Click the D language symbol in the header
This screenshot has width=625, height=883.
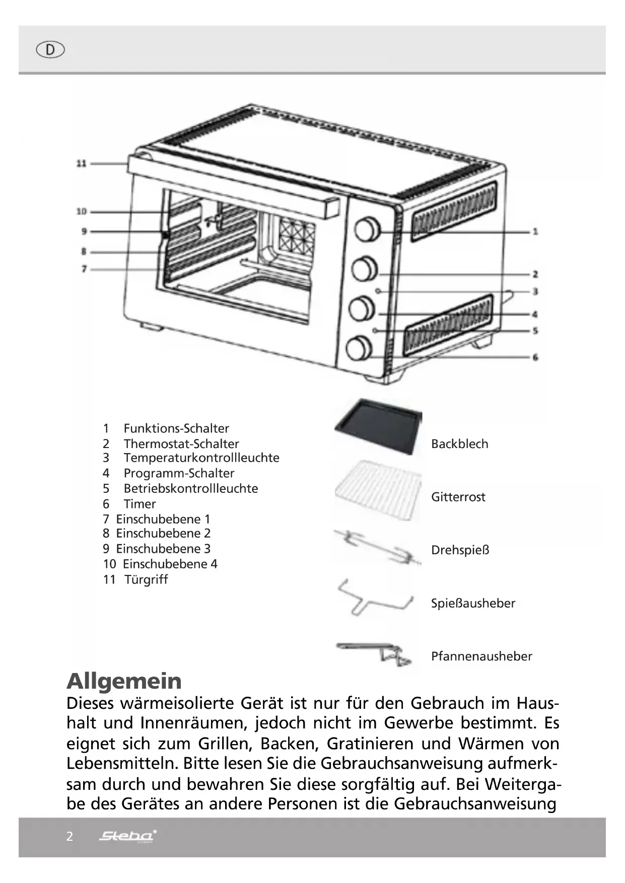[x=50, y=50]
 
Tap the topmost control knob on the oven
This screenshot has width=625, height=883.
[x=367, y=230]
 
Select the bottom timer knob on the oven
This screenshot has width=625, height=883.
[x=359, y=348]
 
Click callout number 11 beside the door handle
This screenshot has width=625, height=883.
[x=82, y=164]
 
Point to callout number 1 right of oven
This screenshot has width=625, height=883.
[x=535, y=232]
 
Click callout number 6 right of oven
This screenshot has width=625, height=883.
[x=535, y=357]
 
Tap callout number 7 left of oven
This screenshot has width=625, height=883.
[x=84, y=269]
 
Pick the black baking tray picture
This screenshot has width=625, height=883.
[x=378, y=425]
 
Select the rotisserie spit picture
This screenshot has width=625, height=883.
[x=377, y=547]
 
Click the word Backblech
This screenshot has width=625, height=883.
[x=459, y=444]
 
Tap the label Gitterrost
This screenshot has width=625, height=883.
[x=458, y=497]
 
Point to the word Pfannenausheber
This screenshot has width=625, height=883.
[x=481, y=656]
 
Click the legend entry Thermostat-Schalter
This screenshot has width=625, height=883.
[x=181, y=444]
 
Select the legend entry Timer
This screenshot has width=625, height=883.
[x=140, y=504]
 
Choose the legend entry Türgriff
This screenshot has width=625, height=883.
[x=146, y=579]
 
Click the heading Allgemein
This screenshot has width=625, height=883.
[x=124, y=681]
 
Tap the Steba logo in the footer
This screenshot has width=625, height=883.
[x=127, y=836]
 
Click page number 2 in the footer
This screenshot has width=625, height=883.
[x=70, y=836]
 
